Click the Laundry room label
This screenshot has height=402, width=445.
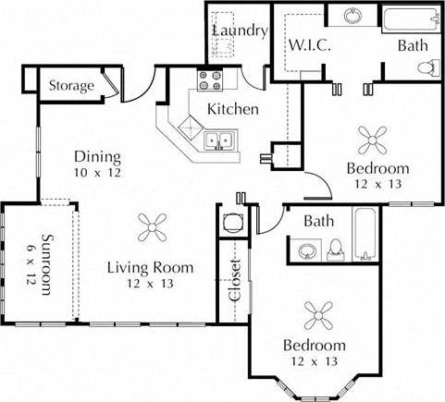pyautogui.click(x=240, y=30)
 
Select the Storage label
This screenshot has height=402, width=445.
pyautogui.click(x=71, y=86)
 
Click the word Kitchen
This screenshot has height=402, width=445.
pyautogui.click(x=232, y=109)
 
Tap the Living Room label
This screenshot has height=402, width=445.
pyautogui.click(x=150, y=268)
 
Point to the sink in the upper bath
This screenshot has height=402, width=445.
pyautogui.click(x=352, y=17)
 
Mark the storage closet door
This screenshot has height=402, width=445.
pyautogui.click(x=111, y=85)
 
